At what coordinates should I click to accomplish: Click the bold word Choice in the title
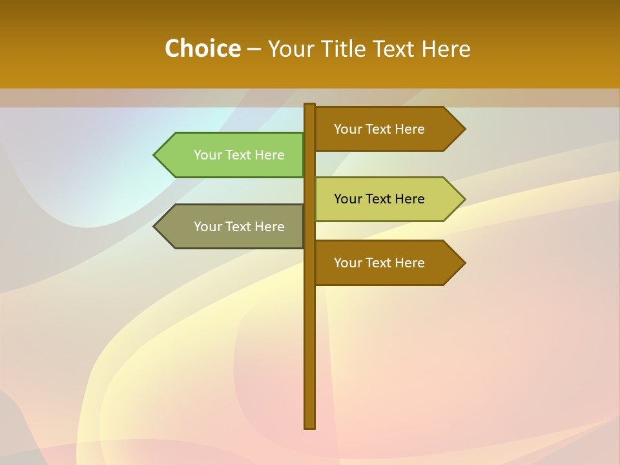(202, 49)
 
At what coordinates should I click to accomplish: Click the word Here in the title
(446, 49)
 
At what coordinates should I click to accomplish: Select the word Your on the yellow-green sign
(347, 199)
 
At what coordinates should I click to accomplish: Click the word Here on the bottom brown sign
(409, 263)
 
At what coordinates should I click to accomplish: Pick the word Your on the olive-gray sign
(207, 227)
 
